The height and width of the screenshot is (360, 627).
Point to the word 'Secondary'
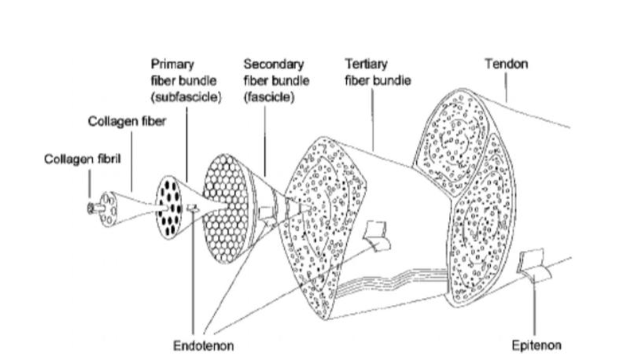(x=274, y=64)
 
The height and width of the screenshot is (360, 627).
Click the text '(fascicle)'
(x=270, y=97)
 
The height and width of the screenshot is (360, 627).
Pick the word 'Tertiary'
(x=367, y=64)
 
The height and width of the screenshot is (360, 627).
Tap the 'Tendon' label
(x=506, y=64)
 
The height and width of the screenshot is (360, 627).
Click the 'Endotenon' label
(x=203, y=345)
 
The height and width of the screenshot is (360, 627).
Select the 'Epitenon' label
(x=537, y=345)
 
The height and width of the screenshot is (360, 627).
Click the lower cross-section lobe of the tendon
(x=482, y=226)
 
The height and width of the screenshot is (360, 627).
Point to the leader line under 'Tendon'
(x=507, y=88)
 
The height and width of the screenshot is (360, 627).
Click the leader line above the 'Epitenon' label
(x=535, y=308)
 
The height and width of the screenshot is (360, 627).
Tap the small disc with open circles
(x=109, y=208)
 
